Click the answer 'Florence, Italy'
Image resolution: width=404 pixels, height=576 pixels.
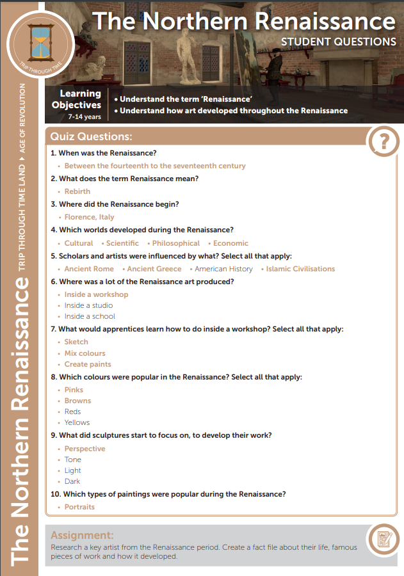click(89, 217)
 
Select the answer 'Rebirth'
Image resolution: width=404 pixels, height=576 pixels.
click(77, 191)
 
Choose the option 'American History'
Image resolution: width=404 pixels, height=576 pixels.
click(223, 269)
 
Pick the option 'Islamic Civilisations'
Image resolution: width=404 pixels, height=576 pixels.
click(300, 269)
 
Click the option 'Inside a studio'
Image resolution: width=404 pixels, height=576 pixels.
click(88, 305)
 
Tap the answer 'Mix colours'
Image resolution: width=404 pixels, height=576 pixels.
click(85, 353)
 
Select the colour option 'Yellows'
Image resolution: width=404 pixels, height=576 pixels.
click(77, 422)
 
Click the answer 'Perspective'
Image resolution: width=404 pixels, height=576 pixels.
click(85, 449)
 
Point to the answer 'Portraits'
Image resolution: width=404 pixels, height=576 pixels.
click(79, 507)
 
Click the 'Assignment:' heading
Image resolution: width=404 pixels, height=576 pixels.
click(82, 535)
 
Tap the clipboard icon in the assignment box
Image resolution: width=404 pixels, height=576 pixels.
click(384, 539)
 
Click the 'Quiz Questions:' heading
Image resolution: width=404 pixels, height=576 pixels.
click(92, 137)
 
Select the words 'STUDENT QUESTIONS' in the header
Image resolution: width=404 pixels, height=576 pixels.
click(338, 42)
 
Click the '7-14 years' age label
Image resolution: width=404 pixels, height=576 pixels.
click(85, 117)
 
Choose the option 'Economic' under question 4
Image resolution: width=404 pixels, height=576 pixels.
click(230, 243)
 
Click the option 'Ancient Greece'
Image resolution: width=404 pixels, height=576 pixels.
click(154, 269)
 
